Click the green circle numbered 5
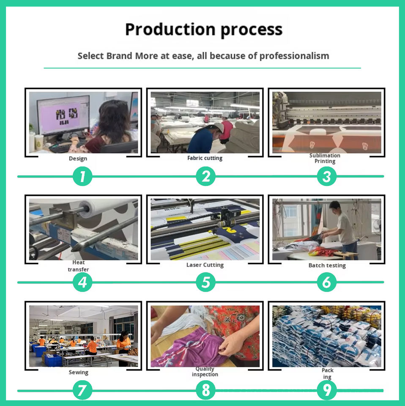tap(205, 282)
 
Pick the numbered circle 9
tap(327, 390)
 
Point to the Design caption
tap(78, 159)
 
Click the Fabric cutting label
tap(205, 158)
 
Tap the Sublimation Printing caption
tap(325, 158)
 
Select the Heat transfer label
tap(78, 266)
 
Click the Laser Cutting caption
tap(205, 265)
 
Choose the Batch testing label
tap(327, 266)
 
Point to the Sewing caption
tap(79, 373)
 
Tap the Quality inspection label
tap(205, 372)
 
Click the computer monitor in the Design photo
tap(63, 115)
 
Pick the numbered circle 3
tap(327, 176)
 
